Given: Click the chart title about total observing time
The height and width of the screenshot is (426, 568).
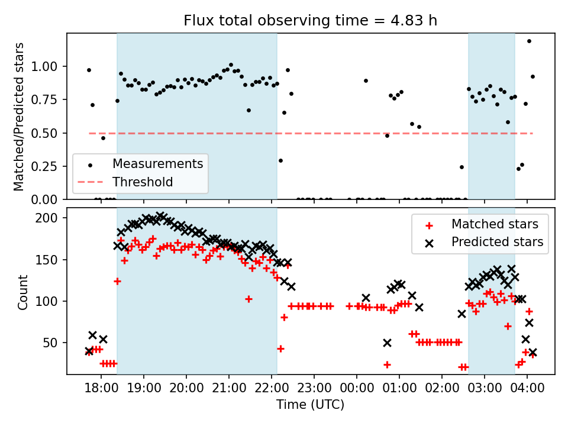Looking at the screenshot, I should point(311,21).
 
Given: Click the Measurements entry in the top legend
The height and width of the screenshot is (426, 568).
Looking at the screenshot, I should point(157,163).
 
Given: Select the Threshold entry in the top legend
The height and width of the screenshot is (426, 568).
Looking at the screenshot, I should point(143,182).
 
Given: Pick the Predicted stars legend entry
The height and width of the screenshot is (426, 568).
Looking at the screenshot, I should point(497,241).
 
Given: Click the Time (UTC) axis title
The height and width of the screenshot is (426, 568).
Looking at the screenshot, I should point(310,405).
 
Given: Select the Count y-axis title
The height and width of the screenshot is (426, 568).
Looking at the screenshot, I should point(22,292).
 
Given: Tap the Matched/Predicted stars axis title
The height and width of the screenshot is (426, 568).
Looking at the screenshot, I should point(19,117).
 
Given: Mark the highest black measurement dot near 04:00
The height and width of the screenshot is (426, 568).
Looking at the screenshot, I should point(529,41).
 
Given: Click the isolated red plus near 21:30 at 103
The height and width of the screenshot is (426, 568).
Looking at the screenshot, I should point(248,299).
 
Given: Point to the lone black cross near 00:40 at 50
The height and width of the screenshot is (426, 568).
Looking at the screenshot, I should point(387,343).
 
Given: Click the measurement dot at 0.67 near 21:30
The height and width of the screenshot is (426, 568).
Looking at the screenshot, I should point(248,110).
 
